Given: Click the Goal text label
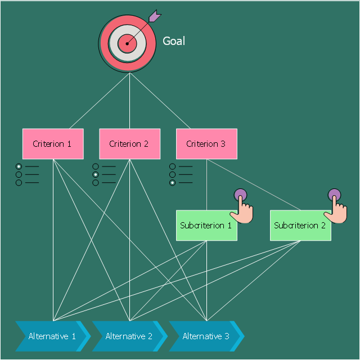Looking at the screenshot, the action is [x=174, y=41].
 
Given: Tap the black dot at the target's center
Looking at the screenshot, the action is [x=127, y=43].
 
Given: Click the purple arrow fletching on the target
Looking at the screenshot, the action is [x=155, y=16].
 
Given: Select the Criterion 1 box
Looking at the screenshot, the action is [x=53, y=144].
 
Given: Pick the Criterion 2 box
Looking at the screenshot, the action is [x=130, y=144].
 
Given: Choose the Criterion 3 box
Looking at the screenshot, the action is [x=206, y=144].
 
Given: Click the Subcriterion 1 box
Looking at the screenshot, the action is [x=206, y=226].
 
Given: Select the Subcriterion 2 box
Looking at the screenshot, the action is [x=300, y=226].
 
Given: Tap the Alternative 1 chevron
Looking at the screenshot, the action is [x=53, y=336].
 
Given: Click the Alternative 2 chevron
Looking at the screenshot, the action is [x=130, y=336].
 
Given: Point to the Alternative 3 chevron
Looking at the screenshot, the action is [x=207, y=336].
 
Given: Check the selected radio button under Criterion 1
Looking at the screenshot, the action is [x=19, y=166].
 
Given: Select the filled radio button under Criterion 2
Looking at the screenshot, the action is [x=96, y=174].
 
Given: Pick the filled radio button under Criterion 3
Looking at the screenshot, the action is [x=173, y=182].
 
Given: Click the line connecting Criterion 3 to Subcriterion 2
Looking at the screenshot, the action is [x=254, y=184].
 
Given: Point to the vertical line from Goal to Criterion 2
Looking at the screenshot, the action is [x=130, y=101].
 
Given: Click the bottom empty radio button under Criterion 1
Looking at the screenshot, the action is [x=19, y=182].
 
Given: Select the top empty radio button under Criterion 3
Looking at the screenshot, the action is [x=173, y=166].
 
